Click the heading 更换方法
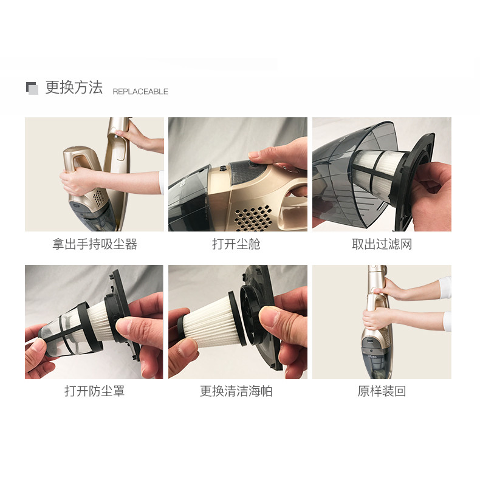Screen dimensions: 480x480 (74, 87)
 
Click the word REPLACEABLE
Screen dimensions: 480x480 (140, 92)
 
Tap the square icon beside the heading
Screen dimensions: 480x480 (32, 88)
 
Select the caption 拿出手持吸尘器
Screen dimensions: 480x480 (94, 244)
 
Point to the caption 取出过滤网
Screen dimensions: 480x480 (382, 244)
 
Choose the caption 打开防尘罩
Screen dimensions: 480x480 (94, 391)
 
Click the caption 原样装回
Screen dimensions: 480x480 (382, 391)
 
